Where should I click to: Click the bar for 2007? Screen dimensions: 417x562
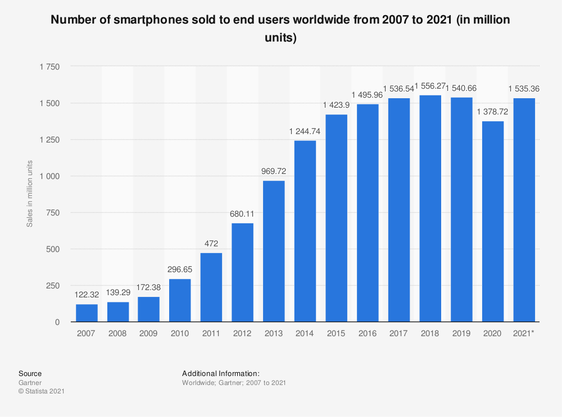coord(86,313)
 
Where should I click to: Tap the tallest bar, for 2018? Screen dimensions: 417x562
coord(430,208)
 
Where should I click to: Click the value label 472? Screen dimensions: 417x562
coord(211,244)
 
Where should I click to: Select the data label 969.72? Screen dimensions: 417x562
coord(274,171)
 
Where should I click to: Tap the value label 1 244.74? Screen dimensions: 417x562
coord(305,131)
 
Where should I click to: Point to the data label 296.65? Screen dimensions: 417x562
coord(180,269)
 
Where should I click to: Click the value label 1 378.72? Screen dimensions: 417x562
coord(493,112)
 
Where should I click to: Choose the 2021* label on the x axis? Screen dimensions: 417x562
coord(524,334)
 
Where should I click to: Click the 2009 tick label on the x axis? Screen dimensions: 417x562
coord(148,334)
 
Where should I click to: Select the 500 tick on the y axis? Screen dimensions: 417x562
coord(52,249)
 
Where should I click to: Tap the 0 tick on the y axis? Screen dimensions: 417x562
coord(57,322)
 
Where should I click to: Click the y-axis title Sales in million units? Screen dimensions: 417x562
coord(30,194)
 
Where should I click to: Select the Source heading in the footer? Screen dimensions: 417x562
coord(30,373)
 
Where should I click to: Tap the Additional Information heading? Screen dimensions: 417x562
coord(221,373)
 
